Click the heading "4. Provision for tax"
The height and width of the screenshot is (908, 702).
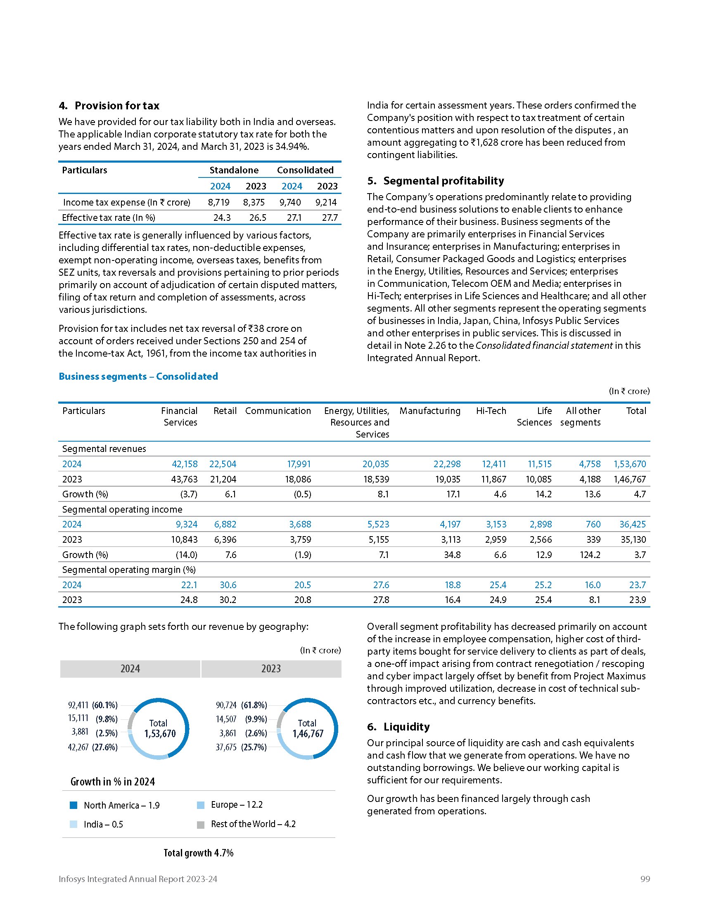point(109,106)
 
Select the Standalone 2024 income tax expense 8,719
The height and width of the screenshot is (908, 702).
point(218,203)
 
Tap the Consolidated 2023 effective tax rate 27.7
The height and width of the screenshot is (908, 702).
point(330,218)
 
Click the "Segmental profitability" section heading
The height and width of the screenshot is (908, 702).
point(435,181)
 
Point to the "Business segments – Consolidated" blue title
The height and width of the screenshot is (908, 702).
point(138,376)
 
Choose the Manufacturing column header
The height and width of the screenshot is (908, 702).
point(429,411)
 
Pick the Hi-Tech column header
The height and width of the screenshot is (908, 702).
point(491,411)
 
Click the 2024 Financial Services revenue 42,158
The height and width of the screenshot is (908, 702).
point(185,464)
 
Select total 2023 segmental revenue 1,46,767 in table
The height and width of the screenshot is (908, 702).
point(630,479)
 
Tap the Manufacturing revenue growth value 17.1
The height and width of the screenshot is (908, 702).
point(453,494)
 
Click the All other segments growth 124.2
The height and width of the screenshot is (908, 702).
point(590,555)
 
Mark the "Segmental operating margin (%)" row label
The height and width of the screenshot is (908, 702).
point(129,570)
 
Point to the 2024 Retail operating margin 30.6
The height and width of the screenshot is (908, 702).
point(228,585)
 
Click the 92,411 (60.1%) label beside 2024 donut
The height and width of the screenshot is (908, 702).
point(93,705)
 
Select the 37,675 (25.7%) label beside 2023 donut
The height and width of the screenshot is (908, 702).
point(241,747)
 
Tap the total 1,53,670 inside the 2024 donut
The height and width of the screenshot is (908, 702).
point(160,734)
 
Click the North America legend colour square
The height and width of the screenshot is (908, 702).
point(74,805)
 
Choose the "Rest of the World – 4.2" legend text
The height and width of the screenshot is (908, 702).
point(253,824)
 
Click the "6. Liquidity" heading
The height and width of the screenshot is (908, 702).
point(398,727)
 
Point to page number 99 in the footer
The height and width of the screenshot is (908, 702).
point(645,879)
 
